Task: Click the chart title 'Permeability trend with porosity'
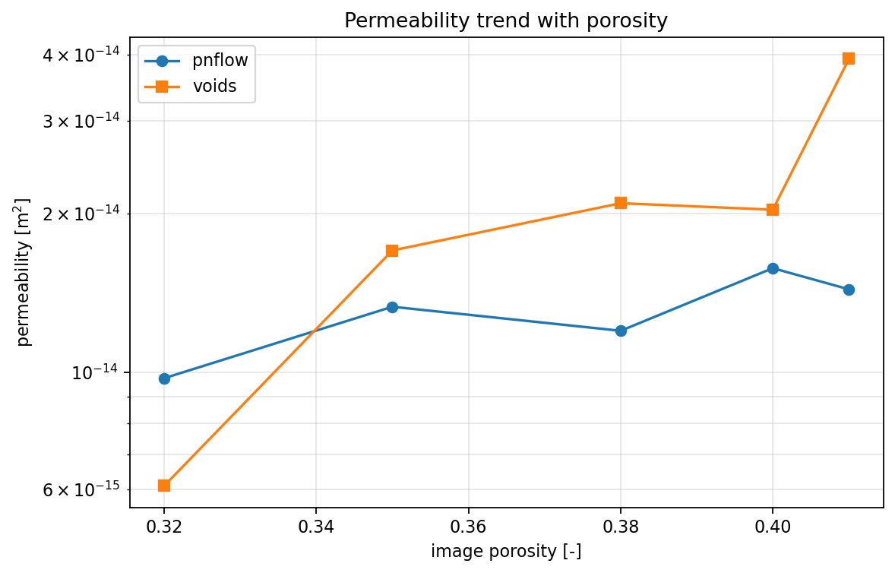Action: [x=506, y=21]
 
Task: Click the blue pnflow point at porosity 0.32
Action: [x=164, y=378]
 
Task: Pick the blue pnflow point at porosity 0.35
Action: [x=392, y=307]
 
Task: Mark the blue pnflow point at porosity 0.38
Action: [x=621, y=331]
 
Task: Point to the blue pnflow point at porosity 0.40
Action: [x=773, y=268]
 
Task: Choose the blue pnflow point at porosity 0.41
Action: [x=849, y=290]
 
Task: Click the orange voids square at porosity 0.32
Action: [x=164, y=486]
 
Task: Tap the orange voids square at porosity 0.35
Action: [x=392, y=251]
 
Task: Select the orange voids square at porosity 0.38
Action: [x=621, y=203]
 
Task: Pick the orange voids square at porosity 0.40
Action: [x=773, y=210]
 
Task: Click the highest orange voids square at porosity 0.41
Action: [x=849, y=59]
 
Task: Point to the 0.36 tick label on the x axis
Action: [x=468, y=527]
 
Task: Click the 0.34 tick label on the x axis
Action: [x=316, y=527]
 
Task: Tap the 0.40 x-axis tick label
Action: [x=773, y=527]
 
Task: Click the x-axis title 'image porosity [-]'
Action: [x=506, y=552]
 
